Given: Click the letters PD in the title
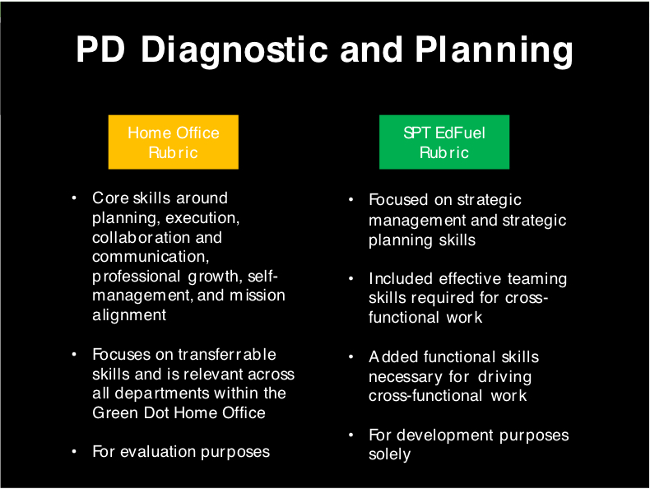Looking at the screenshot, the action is (100, 49).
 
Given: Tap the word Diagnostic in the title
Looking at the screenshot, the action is (234, 51).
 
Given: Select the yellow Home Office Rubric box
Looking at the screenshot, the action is (174, 142).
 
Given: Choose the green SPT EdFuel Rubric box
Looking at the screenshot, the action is (444, 142).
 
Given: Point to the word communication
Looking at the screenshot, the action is (151, 257).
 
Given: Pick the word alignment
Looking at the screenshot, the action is (129, 315).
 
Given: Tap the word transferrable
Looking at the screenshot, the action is (227, 354).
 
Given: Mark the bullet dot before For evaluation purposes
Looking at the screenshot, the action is (74, 451).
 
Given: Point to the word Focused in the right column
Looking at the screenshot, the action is (398, 199).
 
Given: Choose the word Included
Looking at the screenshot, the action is (401, 278).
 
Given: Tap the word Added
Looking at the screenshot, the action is (393, 356).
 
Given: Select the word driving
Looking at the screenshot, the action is (504, 377).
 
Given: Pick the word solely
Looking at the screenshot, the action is (390, 454).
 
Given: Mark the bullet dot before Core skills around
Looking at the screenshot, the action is (74, 198).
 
